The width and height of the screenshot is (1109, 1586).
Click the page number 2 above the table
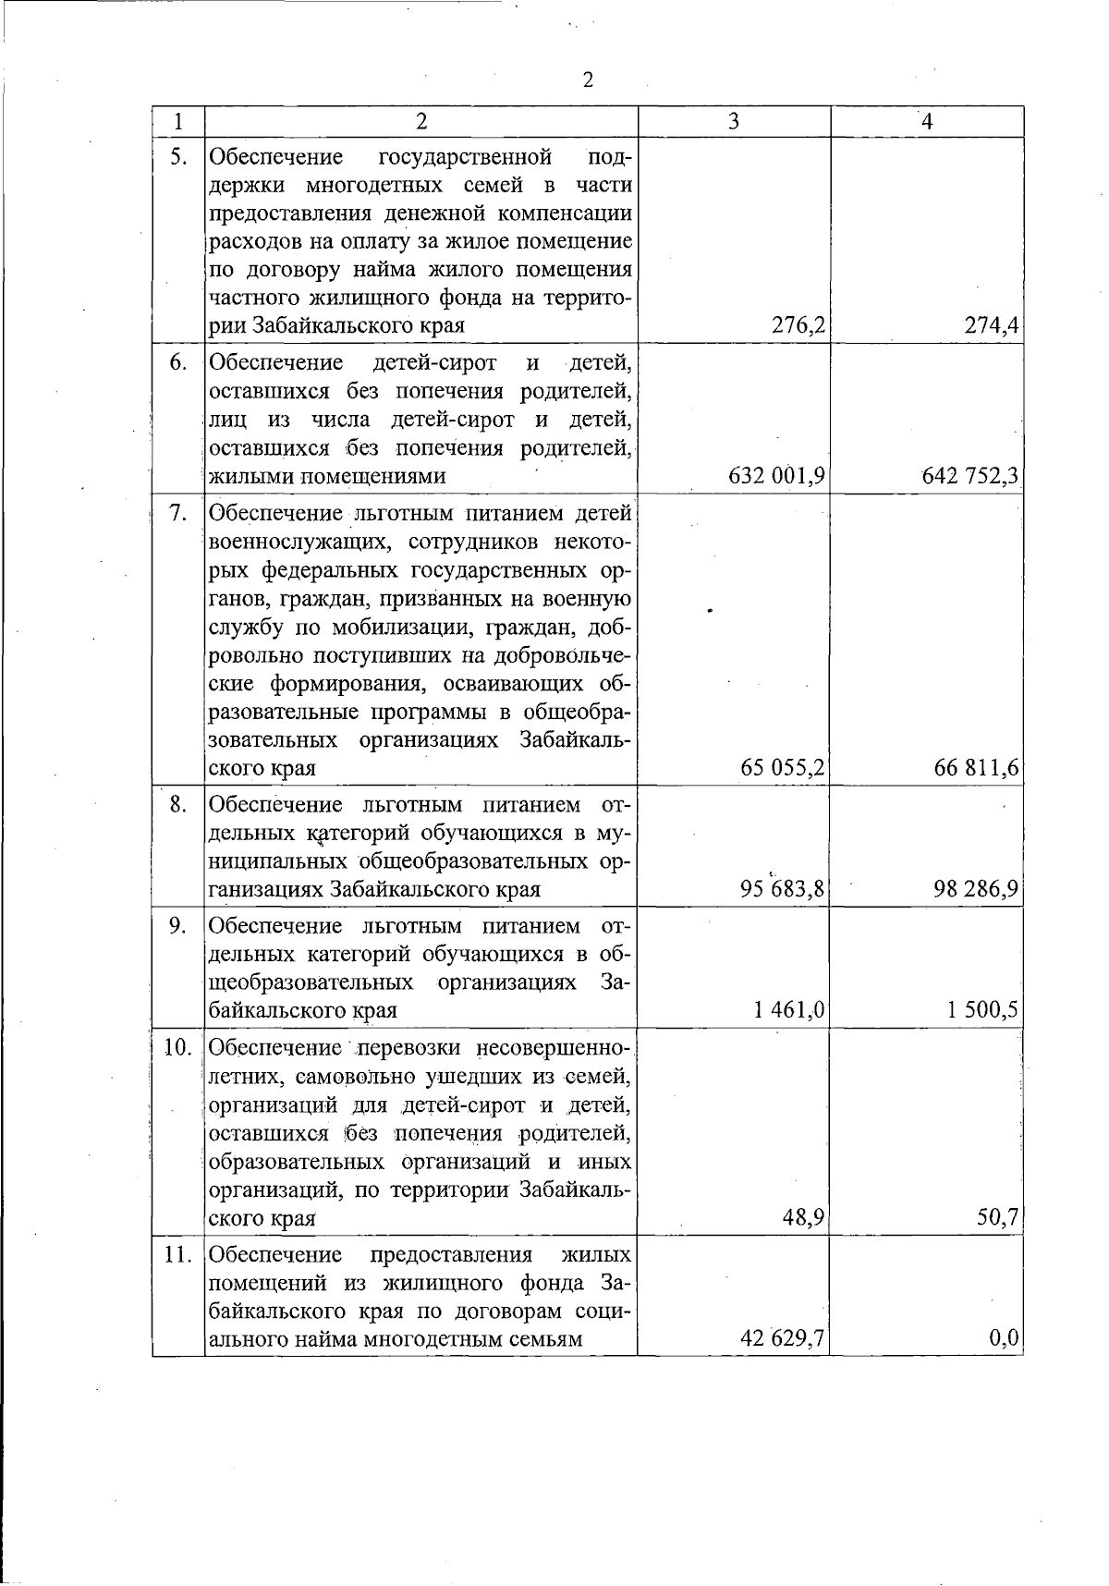click(588, 79)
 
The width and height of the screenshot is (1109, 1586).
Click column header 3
click(733, 122)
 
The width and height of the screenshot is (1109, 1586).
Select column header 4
click(927, 122)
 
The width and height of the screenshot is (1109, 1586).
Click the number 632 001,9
click(776, 476)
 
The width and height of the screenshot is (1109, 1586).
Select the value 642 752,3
click(970, 476)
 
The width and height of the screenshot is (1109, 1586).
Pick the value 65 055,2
click(782, 768)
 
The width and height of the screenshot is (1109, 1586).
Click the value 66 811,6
click(976, 768)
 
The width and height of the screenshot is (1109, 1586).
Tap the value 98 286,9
click(976, 889)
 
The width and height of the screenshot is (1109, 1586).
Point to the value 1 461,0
click(789, 1010)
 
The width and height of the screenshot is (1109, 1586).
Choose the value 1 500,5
click(982, 1010)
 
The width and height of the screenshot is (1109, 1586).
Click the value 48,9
click(804, 1218)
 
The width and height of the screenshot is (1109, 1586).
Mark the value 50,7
click(998, 1218)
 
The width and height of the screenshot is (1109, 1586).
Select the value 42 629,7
click(782, 1339)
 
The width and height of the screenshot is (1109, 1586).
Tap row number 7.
click(178, 513)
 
